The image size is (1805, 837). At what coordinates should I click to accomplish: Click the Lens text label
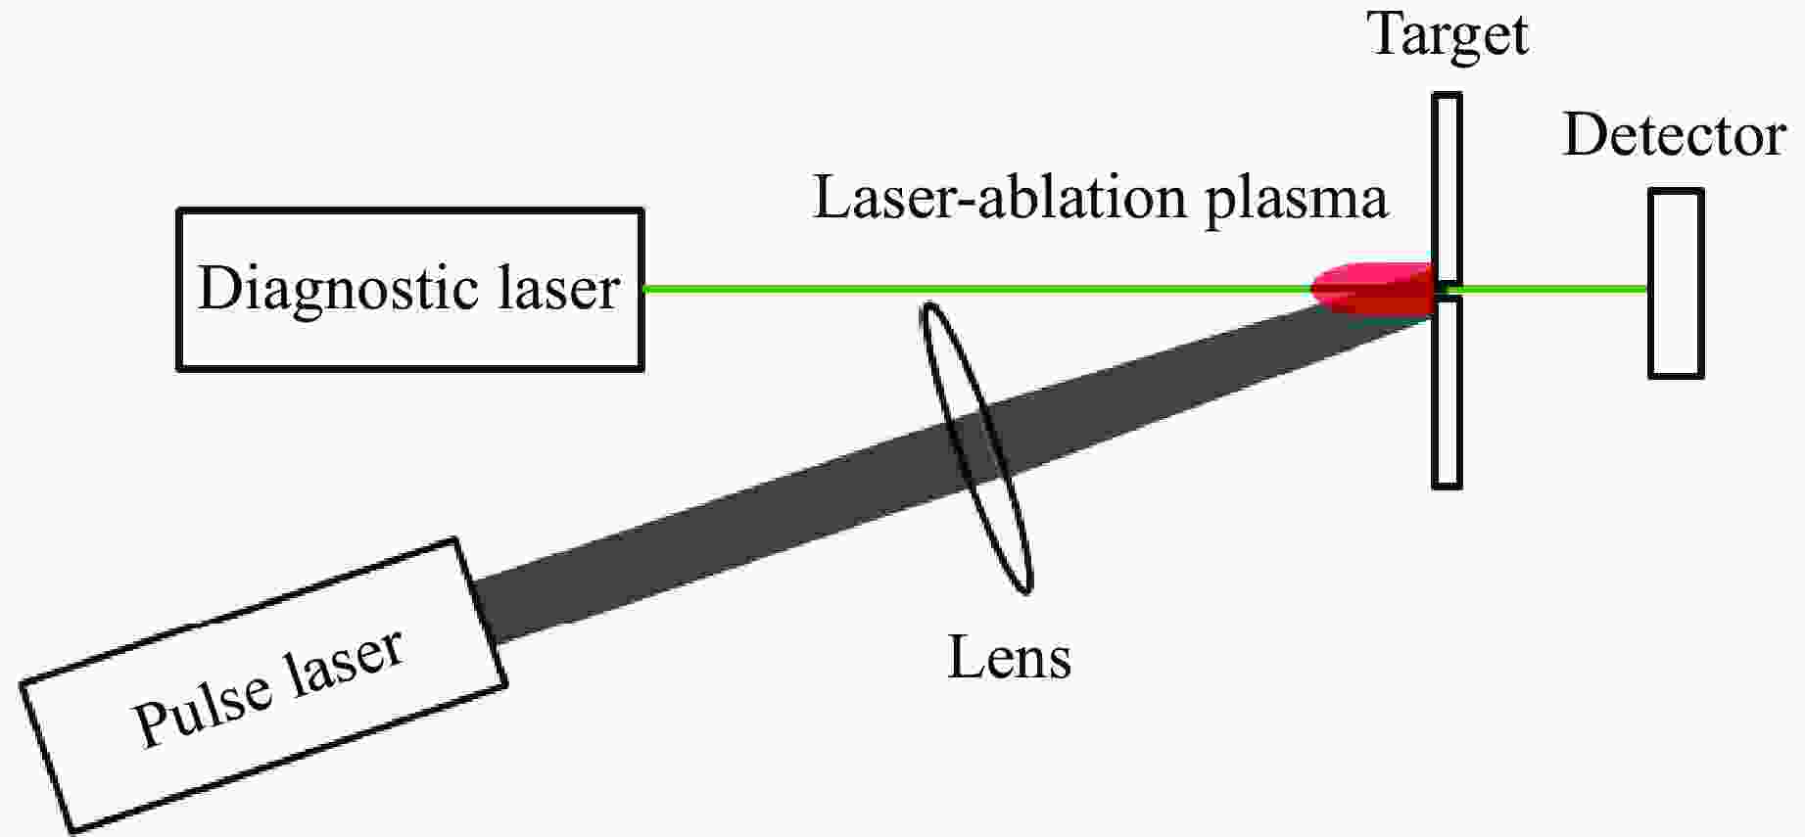pyautogui.click(x=1009, y=657)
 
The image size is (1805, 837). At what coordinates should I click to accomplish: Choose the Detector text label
pyautogui.click(x=1674, y=135)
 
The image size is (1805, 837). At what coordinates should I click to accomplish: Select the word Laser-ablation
pyautogui.click(x=1000, y=198)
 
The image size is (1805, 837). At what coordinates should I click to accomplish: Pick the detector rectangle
pyautogui.click(x=1676, y=284)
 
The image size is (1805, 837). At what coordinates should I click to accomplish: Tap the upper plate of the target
pyautogui.click(x=1447, y=186)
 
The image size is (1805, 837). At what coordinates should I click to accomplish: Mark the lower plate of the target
pyautogui.click(x=1447, y=392)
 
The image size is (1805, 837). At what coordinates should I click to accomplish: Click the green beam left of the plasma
pyautogui.click(x=979, y=289)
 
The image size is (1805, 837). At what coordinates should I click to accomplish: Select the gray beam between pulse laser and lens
pyautogui.click(x=715, y=548)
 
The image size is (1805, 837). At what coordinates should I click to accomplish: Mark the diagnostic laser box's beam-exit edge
pyautogui.click(x=642, y=289)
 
